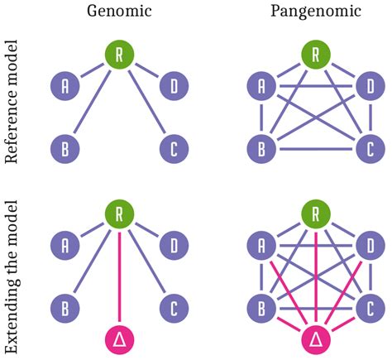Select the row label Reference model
pyautogui.click(x=12, y=103)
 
